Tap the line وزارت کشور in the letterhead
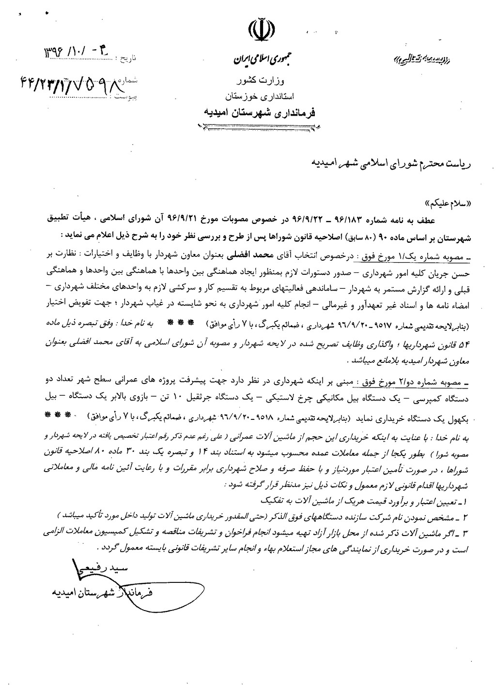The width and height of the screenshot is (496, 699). tap(261, 80)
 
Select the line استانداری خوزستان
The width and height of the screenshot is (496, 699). tap(261, 95)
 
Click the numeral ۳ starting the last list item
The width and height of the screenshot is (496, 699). tap(464, 531)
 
